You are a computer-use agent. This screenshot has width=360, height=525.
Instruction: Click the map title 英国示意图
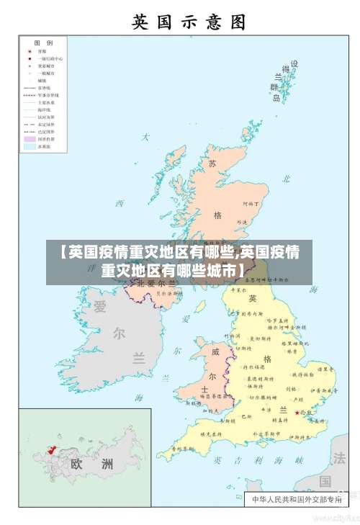(189, 21)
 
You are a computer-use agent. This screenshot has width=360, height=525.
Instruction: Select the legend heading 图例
(44, 43)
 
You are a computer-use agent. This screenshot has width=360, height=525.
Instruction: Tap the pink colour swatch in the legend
(30, 139)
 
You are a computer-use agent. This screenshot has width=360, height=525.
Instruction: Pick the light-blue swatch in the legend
(30, 146)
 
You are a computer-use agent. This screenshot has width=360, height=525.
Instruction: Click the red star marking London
(297, 413)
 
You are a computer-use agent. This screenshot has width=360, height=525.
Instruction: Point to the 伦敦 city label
(307, 413)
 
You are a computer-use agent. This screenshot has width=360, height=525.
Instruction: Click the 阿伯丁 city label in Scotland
(251, 205)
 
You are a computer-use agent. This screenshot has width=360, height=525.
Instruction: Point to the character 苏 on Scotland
(212, 163)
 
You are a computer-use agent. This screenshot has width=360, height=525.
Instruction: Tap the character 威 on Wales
(215, 351)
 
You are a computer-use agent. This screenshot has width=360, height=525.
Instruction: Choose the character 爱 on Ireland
(99, 307)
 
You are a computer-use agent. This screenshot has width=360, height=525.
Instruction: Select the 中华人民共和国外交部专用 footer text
(295, 498)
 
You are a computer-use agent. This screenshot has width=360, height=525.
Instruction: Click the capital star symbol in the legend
(30, 52)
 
